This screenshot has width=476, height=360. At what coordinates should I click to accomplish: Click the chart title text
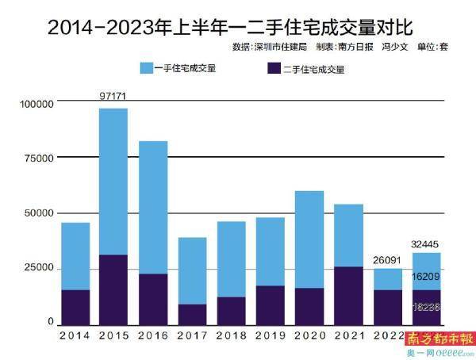230,26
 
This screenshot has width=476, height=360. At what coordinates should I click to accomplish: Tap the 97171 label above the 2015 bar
113,95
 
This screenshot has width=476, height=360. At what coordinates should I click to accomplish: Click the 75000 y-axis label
39,159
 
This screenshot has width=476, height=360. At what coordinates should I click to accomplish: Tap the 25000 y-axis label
39,268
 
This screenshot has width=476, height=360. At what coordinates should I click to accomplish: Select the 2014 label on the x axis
75,335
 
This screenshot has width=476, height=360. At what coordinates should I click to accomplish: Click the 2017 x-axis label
191,335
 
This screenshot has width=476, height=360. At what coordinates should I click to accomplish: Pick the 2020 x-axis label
309,335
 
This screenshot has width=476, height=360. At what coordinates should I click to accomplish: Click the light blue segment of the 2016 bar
153,207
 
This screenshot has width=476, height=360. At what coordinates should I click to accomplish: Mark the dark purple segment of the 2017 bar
191,314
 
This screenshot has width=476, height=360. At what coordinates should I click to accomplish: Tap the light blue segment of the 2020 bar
309,239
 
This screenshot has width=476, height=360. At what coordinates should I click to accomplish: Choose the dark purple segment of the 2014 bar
75,307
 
